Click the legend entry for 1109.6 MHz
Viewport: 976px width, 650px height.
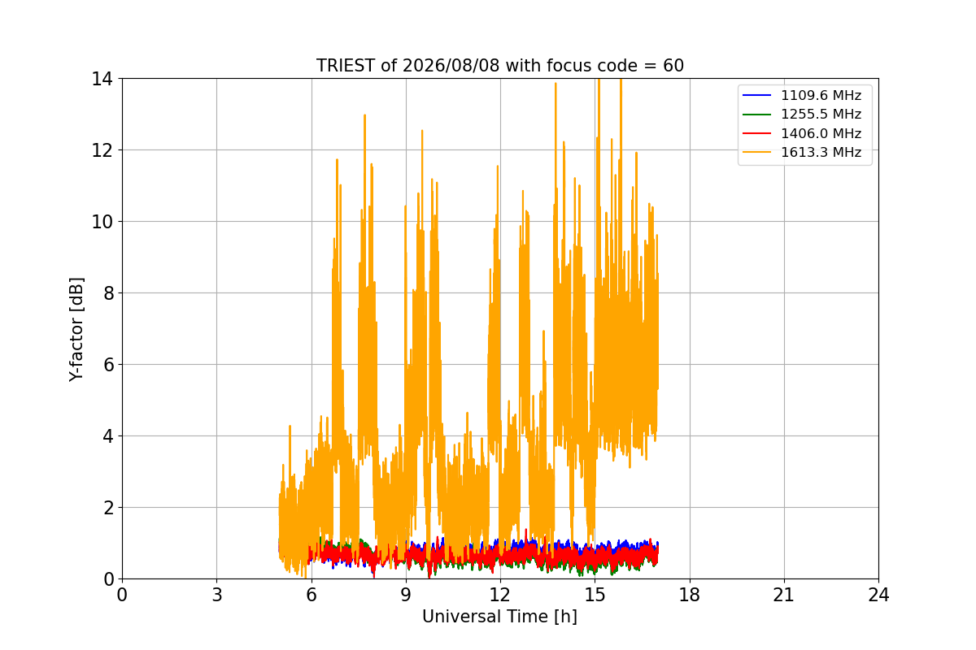click(802, 95)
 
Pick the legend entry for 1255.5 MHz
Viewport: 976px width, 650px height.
click(802, 114)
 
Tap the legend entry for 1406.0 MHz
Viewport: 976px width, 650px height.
click(802, 133)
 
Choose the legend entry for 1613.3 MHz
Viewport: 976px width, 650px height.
click(802, 153)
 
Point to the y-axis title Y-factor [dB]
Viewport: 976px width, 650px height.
click(76, 330)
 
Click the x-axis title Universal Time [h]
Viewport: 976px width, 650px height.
click(499, 617)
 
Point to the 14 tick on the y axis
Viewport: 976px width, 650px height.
click(102, 79)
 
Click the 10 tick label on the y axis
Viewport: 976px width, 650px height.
click(102, 222)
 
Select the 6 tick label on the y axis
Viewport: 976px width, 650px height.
click(108, 365)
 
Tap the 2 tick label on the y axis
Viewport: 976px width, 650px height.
click(108, 508)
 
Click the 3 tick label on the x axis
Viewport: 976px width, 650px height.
click(217, 595)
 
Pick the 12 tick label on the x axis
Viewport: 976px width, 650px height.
click(500, 595)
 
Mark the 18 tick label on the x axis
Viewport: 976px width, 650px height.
click(690, 595)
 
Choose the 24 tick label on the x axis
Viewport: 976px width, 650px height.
click(878, 595)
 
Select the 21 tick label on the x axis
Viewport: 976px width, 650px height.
click(784, 595)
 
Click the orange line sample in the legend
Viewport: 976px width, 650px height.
click(757, 152)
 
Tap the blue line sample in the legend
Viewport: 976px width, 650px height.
click(757, 95)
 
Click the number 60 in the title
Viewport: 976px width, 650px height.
click(673, 66)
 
